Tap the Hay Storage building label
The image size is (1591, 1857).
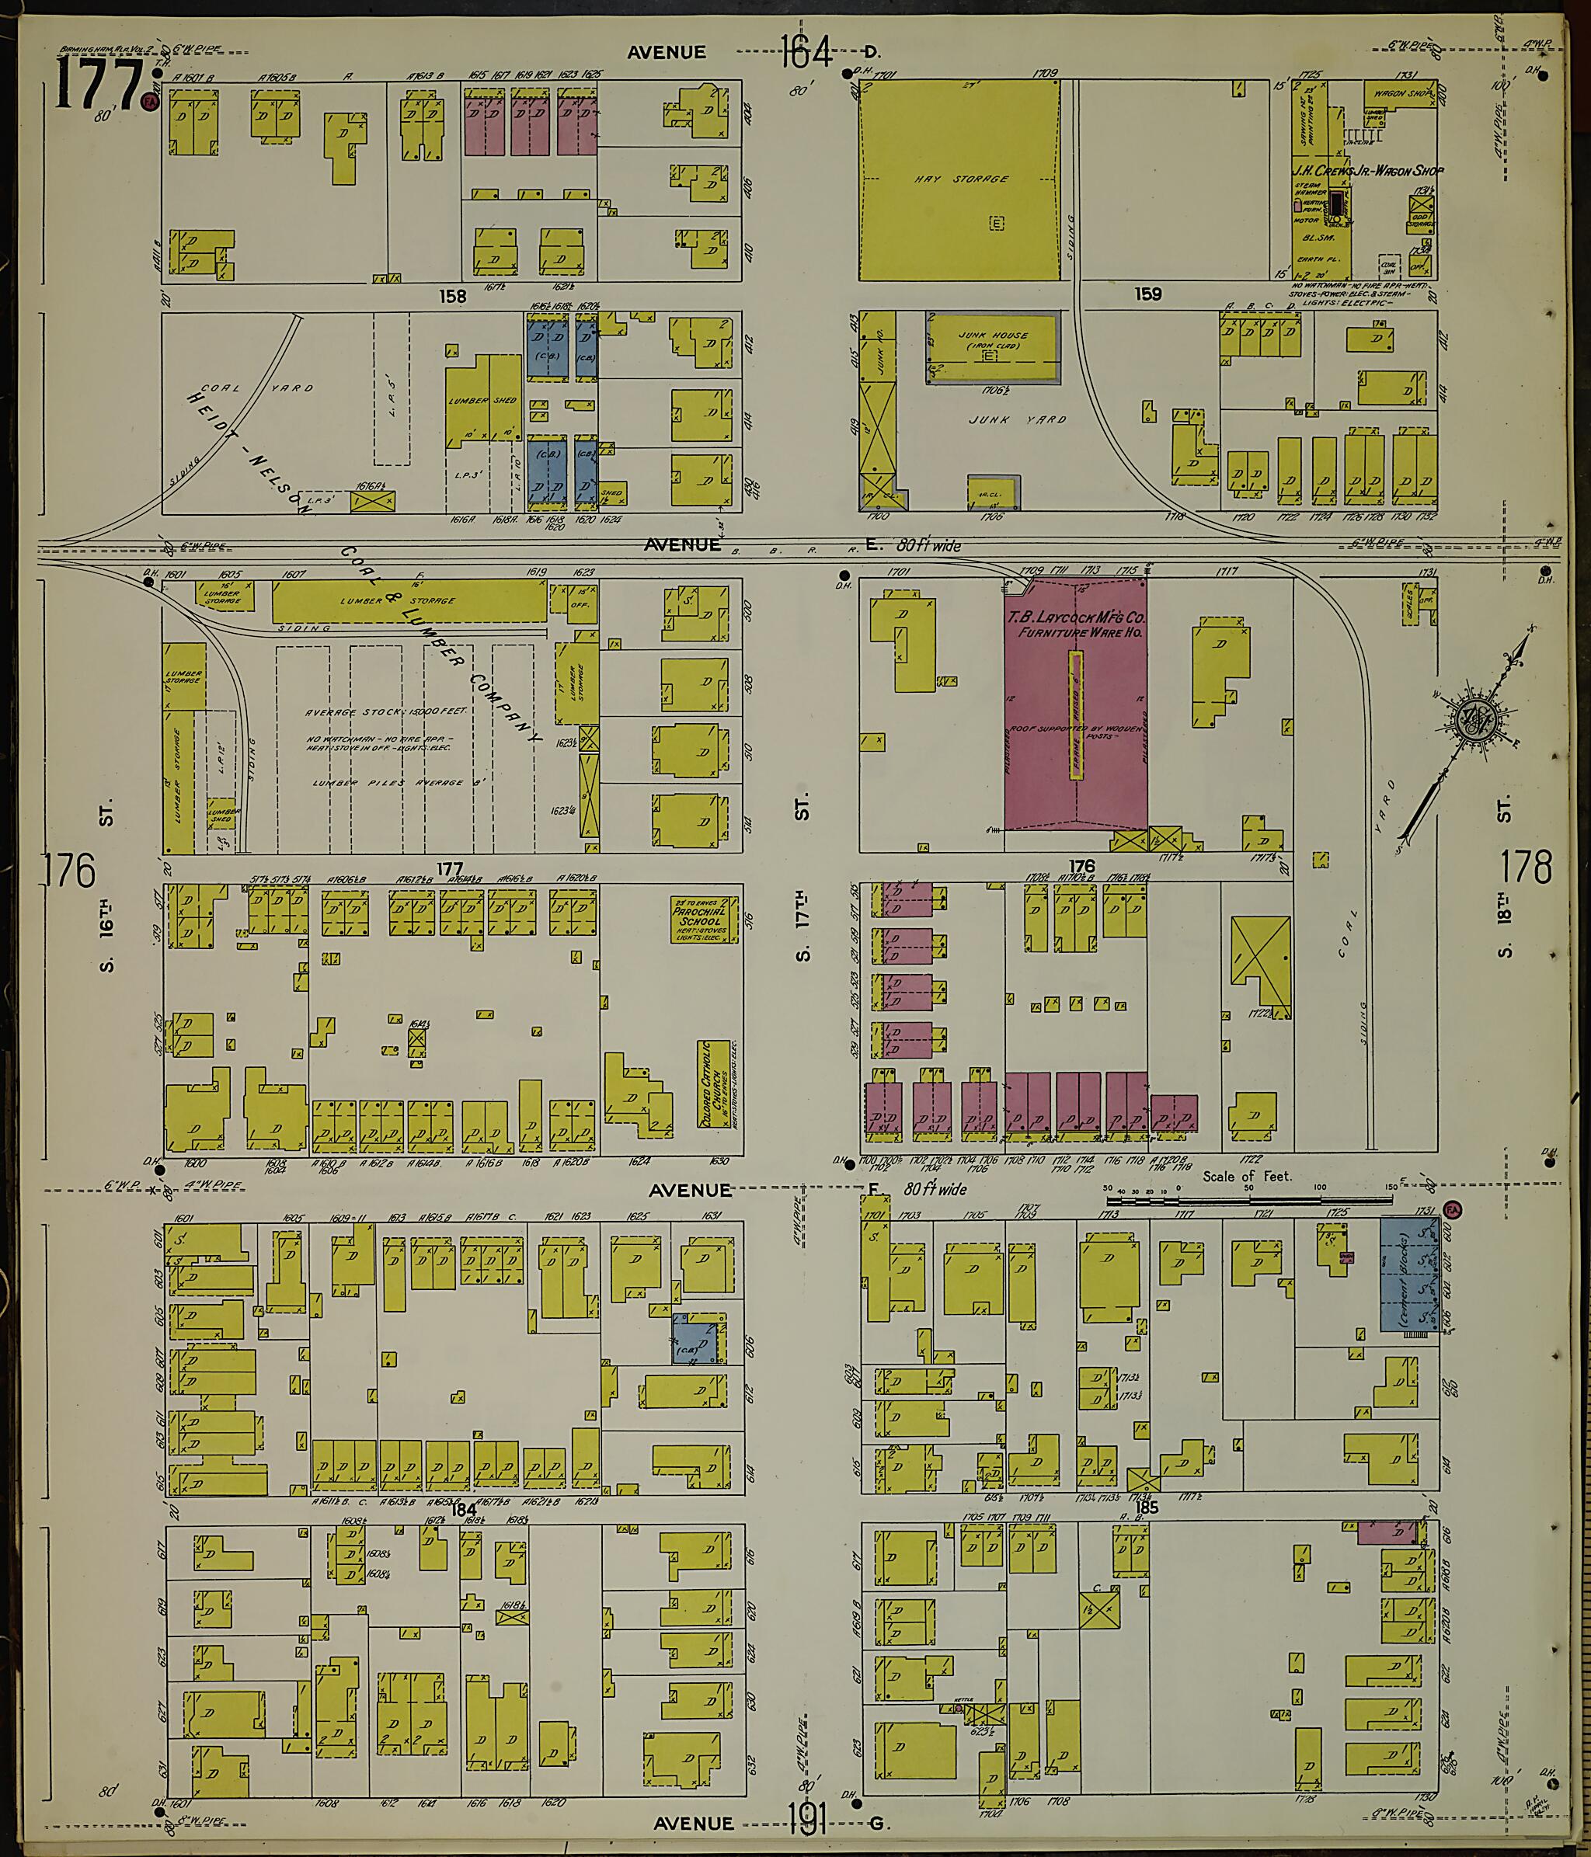tap(974, 179)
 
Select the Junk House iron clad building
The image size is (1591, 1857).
tap(993, 348)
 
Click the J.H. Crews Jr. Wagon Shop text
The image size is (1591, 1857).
tap(1367, 170)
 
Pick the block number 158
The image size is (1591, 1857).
tap(453, 295)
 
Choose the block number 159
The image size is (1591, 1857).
tap(1147, 293)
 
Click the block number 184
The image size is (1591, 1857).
tap(464, 1508)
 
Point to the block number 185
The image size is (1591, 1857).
tap(1147, 1508)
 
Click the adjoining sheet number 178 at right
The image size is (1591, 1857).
tap(1527, 868)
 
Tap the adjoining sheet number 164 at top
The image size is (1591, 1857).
tap(806, 51)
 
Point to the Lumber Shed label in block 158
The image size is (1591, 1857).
tap(482, 401)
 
